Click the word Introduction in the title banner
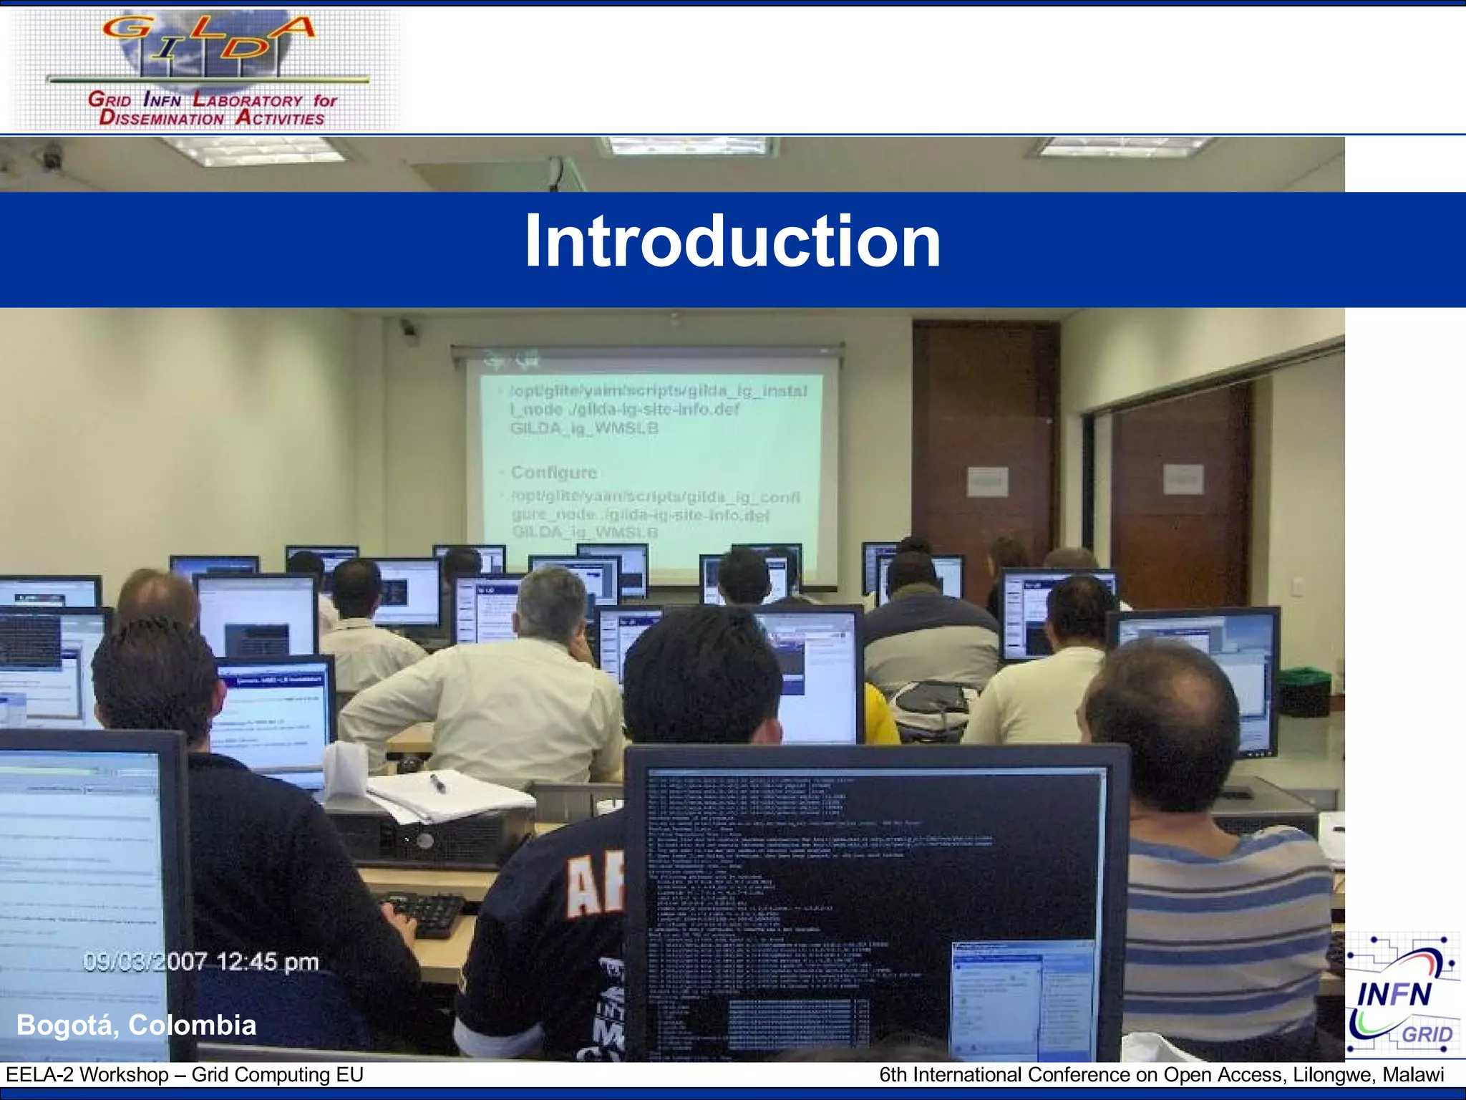pos(732,242)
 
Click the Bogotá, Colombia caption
pos(136,1025)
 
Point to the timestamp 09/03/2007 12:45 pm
pos(200,961)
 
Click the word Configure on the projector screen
pos(553,473)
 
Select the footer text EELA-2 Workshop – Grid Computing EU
pos(185,1074)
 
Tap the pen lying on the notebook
pos(437,783)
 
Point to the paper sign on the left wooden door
pos(987,481)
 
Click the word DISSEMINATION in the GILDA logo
pos(162,119)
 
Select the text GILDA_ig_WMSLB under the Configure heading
pos(584,532)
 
